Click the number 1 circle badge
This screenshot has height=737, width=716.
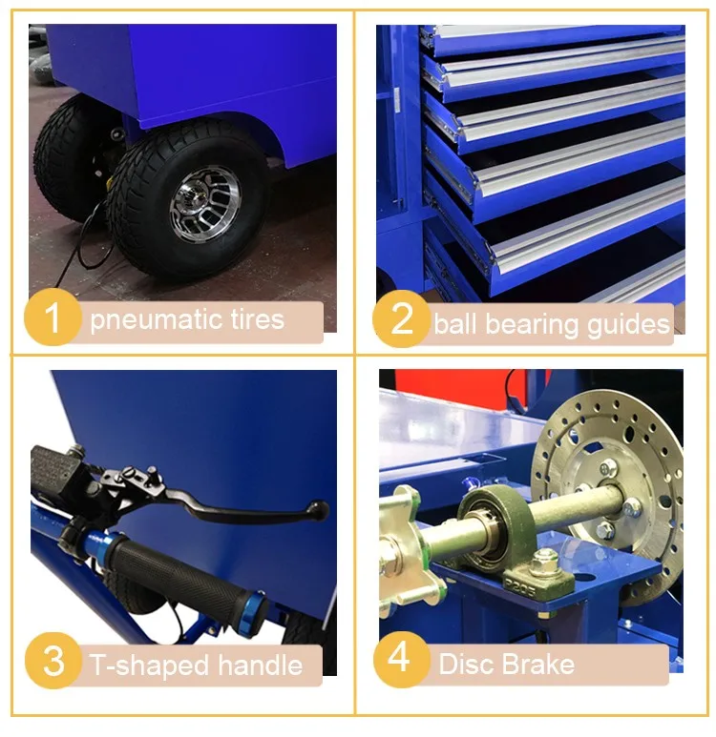(53, 317)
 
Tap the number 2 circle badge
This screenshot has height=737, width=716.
(401, 318)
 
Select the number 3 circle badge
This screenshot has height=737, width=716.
(53, 661)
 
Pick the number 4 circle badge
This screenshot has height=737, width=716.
(401, 660)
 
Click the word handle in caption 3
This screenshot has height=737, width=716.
(261, 665)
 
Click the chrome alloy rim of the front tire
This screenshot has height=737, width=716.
(205, 203)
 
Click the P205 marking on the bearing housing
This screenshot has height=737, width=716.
(520, 585)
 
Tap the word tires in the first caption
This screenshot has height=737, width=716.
(258, 319)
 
